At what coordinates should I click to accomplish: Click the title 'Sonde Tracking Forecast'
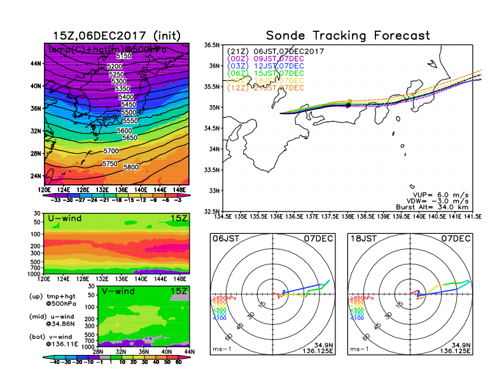pyautogui.click(x=347, y=36)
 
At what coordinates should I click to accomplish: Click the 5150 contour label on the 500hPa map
pyautogui.click(x=124, y=57)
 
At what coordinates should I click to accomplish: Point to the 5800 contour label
pyautogui.click(x=131, y=167)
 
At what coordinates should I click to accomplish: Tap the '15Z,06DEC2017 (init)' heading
pyautogui.click(x=116, y=36)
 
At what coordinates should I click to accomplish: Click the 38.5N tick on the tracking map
pyautogui.click(x=211, y=45)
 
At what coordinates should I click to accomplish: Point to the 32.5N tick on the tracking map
pyautogui.click(x=211, y=211)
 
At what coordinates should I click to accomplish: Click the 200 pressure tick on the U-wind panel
pyautogui.click(x=37, y=245)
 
